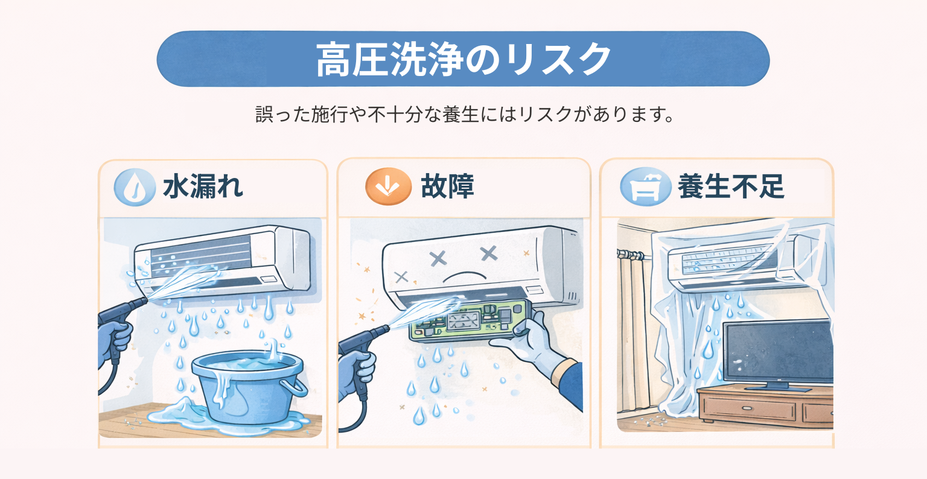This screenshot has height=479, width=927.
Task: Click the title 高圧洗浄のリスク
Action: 463,59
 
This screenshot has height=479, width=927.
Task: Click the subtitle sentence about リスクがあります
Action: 464,114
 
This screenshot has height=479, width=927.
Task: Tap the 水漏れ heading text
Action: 203,187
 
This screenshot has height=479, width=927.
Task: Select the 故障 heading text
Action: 447,187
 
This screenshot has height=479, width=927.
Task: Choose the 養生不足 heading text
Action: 730,187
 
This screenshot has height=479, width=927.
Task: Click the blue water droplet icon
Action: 134,188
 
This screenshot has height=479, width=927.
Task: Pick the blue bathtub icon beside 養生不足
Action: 645,188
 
